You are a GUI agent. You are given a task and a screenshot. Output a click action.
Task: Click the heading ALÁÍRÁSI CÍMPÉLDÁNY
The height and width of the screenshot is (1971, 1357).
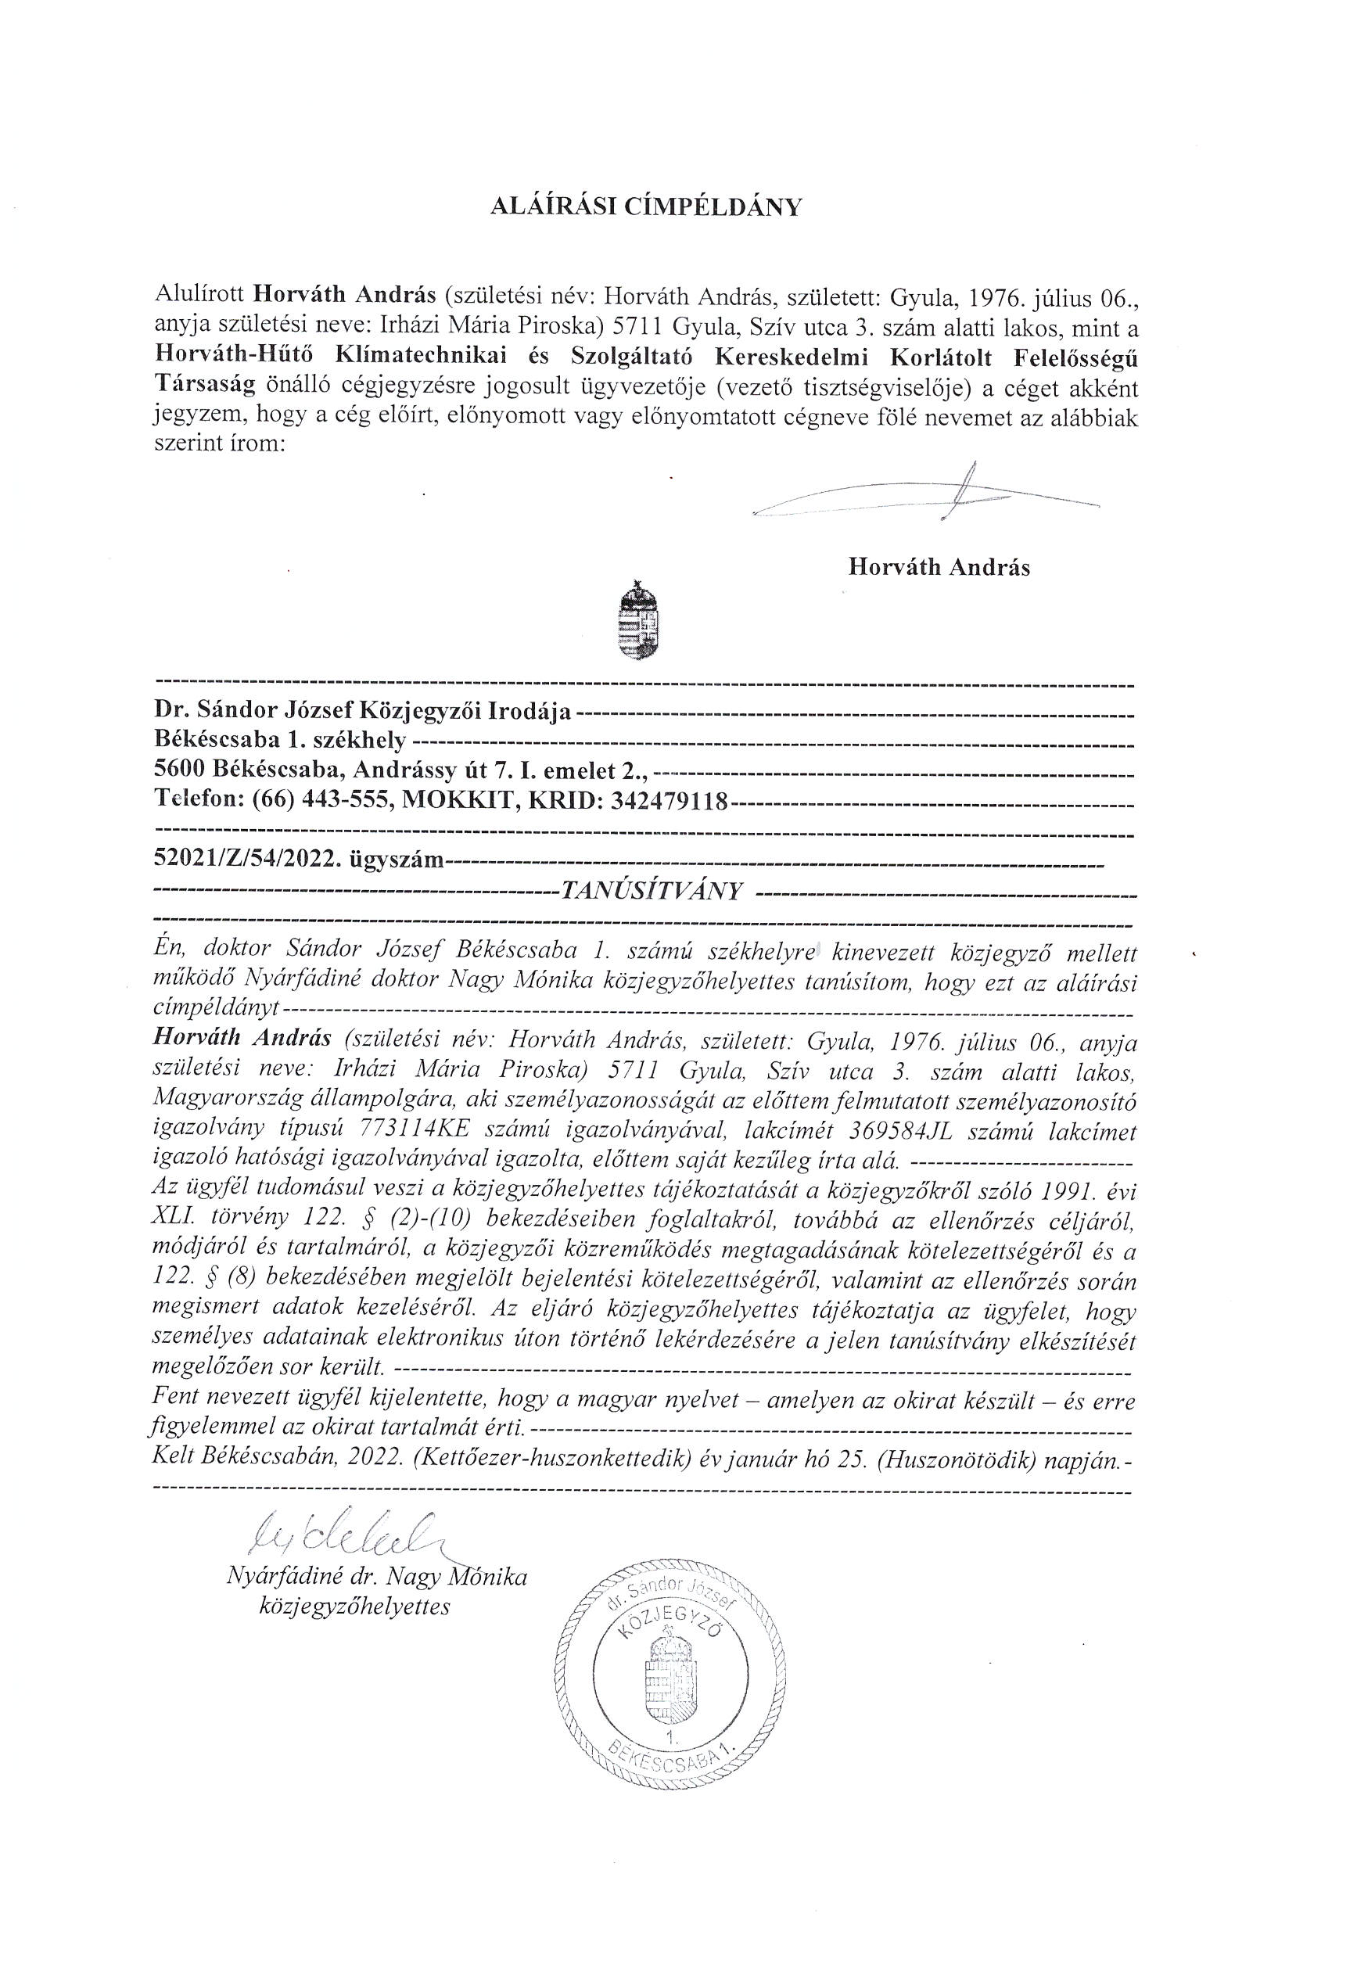(x=647, y=206)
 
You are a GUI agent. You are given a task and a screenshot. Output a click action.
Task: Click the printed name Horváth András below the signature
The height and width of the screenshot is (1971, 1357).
(x=938, y=567)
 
